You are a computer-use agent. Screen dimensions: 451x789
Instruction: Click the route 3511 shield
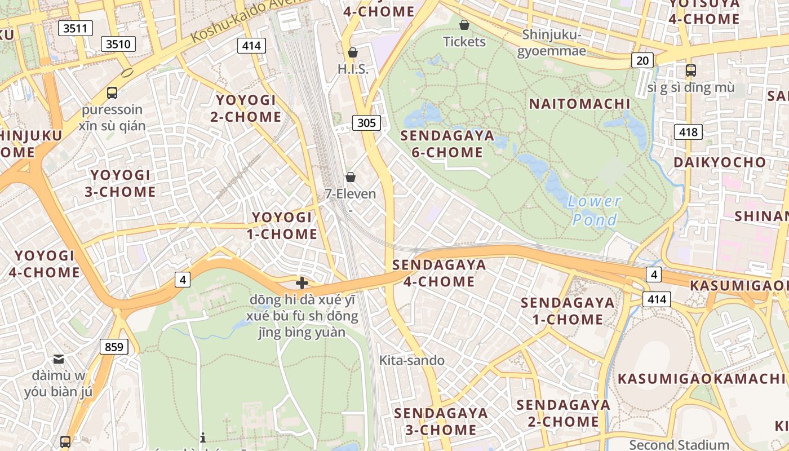(x=75, y=28)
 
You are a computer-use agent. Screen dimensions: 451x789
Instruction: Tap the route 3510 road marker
(x=118, y=43)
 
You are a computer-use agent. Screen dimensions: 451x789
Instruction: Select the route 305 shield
(x=366, y=122)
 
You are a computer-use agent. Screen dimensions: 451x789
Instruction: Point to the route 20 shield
(x=642, y=60)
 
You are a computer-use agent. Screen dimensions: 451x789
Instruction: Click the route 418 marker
(x=688, y=132)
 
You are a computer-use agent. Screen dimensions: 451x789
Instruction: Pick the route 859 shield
(x=114, y=347)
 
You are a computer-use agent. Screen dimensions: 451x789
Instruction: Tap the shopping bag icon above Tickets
(x=464, y=25)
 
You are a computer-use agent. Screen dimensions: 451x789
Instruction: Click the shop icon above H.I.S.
(x=353, y=53)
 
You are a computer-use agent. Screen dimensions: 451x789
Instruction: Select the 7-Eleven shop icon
(x=351, y=178)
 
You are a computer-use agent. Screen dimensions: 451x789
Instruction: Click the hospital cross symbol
(x=302, y=283)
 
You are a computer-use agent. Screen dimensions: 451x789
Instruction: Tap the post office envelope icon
(x=59, y=359)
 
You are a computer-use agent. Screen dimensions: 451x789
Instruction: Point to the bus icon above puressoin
(x=112, y=93)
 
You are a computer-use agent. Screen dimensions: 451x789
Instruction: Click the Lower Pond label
(x=594, y=210)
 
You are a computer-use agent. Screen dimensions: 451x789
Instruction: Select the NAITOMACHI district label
(x=579, y=104)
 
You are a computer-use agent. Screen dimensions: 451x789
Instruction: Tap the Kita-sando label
(x=412, y=360)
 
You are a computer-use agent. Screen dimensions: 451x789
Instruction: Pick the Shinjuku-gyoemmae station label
(x=554, y=42)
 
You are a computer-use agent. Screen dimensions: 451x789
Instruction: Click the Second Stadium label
(x=679, y=444)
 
